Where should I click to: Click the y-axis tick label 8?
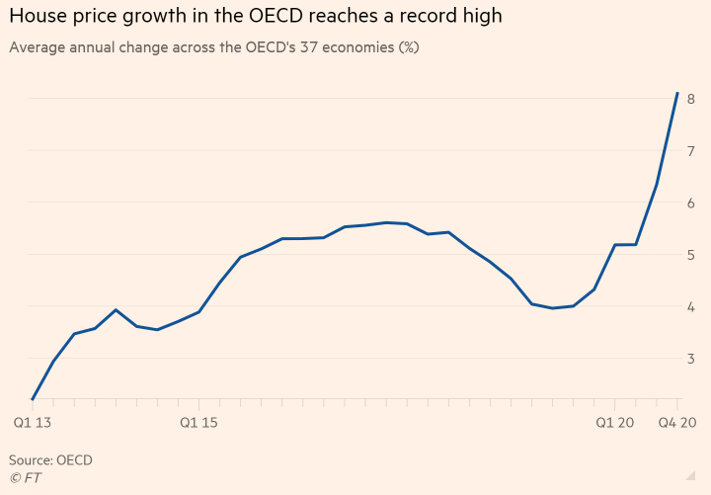(691, 99)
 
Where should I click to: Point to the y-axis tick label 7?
(691, 151)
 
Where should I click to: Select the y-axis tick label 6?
(691, 204)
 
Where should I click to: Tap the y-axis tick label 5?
(691, 255)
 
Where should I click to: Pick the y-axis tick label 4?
(691, 307)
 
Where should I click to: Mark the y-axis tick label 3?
(691, 359)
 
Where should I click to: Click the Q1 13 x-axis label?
(33, 423)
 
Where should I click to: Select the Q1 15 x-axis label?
(198, 423)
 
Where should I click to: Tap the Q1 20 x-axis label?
(614, 423)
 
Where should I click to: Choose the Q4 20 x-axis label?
(677, 423)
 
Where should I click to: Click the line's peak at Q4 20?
(677, 93)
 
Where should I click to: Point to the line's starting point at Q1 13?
(33, 399)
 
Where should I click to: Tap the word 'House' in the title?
(36, 17)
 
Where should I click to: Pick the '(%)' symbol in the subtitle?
(407, 47)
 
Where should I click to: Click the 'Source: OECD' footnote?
(50, 460)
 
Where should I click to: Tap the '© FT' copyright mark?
(25, 478)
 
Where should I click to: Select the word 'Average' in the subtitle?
(38, 47)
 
